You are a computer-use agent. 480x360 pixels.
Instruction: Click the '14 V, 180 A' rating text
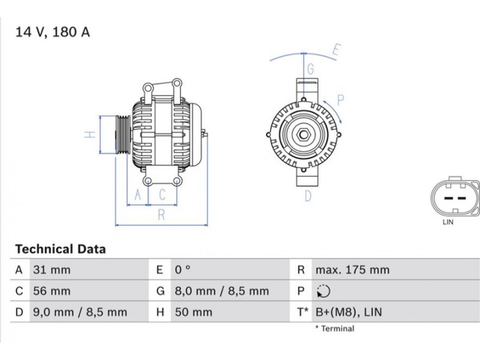pos(53,32)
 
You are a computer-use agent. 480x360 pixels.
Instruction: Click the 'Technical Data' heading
pos(61,249)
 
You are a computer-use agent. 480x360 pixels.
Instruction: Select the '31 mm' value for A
pos(52,270)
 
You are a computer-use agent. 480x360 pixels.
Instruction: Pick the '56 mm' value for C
pos(52,291)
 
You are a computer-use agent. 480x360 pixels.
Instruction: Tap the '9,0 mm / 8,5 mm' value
pos(80,312)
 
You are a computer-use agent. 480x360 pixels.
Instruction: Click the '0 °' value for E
pos(183,269)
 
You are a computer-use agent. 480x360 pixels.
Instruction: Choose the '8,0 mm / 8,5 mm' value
pos(221,291)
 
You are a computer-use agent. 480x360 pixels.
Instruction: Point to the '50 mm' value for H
pos(193,312)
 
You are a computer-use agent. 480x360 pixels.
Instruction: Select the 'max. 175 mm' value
pos(352,270)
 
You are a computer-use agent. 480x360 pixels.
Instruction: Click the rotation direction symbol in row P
pos(323,291)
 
